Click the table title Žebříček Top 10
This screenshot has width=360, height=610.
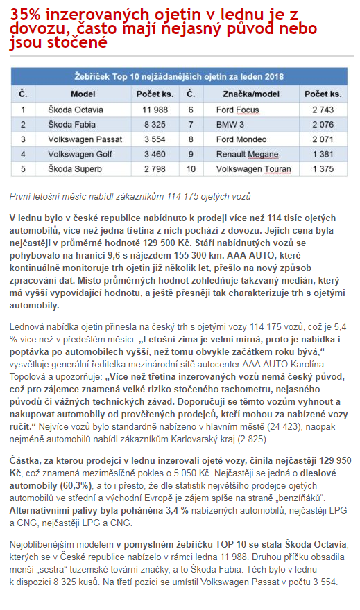click(x=180, y=76)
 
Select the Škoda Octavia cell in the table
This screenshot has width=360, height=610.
click(x=76, y=110)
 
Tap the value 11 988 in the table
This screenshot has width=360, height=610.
click(x=155, y=110)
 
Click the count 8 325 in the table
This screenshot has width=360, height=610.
click(x=155, y=124)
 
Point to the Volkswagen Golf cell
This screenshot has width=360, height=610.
click(x=80, y=153)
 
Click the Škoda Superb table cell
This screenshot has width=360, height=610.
click(x=74, y=168)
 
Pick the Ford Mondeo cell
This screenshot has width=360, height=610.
click(x=241, y=139)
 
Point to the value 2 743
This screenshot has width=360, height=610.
click(x=323, y=110)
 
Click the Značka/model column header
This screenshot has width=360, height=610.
click(x=250, y=94)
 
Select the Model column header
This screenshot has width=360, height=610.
click(x=83, y=94)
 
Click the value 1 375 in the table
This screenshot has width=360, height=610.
click(x=323, y=168)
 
